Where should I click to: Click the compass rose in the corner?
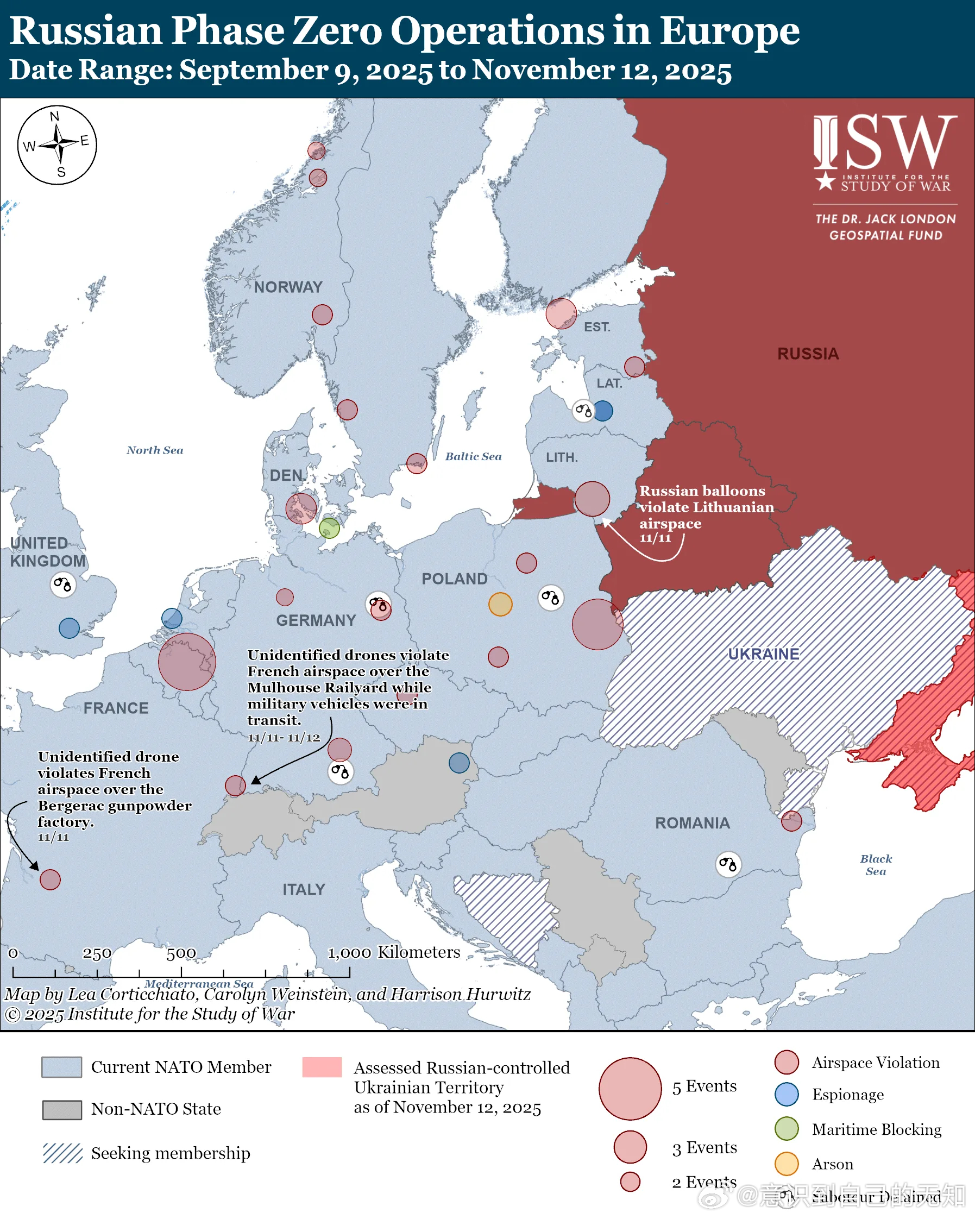click(x=57, y=144)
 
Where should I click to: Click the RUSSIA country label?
click(x=808, y=354)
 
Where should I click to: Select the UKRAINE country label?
click(x=763, y=654)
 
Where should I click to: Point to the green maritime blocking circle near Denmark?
click(x=329, y=528)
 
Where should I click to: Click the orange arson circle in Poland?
click(x=500, y=604)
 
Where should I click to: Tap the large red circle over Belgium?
click(x=186, y=662)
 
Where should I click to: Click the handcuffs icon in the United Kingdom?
click(x=63, y=585)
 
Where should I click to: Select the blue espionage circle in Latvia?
click(x=602, y=411)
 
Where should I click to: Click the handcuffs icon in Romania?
click(x=728, y=864)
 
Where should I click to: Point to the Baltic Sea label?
click(x=473, y=456)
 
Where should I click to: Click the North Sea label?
click(x=155, y=450)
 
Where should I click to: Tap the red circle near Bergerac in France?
click(x=50, y=880)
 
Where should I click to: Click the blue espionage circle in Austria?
click(x=459, y=763)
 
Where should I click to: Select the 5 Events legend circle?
click(x=630, y=1089)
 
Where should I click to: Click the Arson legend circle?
click(x=786, y=1164)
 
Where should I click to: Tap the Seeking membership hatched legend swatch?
click(x=63, y=1153)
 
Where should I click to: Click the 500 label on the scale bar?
click(x=181, y=954)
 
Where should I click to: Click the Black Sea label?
click(x=876, y=864)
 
